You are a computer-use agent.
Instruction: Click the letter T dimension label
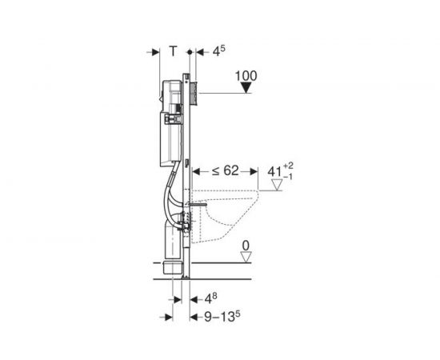[x=174, y=51]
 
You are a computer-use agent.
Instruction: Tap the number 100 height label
[x=246, y=76]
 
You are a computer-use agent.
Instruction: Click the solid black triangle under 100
[x=246, y=88]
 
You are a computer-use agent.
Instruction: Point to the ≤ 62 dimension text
[x=225, y=170]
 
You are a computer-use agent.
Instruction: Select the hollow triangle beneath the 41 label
[x=277, y=185]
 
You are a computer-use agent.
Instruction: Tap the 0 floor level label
[x=246, y=246]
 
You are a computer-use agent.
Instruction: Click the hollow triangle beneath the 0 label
[x=246, y=258]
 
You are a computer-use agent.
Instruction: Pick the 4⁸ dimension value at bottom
[x=210, y=298]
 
